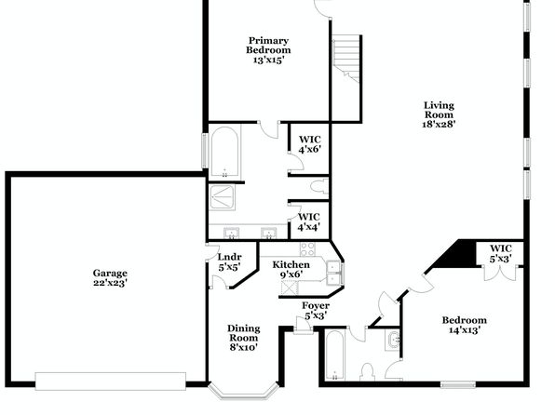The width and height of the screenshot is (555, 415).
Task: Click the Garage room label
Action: (x=110, y=277)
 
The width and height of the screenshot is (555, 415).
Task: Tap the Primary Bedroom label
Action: (x=268, y=50)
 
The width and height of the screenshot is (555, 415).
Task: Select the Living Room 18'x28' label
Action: (x=439, y=114)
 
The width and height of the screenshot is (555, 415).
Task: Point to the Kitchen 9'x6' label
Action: (x=291, y=269)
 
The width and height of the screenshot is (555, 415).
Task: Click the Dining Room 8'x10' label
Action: (x=244, y=338)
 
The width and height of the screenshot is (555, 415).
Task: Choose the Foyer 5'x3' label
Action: (x=316, y=310)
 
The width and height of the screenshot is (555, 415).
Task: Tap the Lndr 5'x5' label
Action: (x=230, y=262)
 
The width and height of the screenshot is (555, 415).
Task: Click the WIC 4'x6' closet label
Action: (x=310, y=144)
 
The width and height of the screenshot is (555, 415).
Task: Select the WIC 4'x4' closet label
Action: (x=309, y=221)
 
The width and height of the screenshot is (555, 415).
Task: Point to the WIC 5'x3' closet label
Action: (x=501, y=254)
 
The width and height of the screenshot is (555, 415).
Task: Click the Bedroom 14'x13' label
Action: (x=465, y=325)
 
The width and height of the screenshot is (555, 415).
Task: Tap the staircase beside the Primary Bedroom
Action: (x=346, y=59)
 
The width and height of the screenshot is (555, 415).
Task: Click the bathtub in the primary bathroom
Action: (x=224, y=152)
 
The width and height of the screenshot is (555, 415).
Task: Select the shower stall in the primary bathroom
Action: (x=222, y=197)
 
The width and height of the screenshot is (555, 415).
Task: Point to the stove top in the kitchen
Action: (x=307, y=248)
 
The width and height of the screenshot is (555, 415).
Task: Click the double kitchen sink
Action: (x=334, y=273)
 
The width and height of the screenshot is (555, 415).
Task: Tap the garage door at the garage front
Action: (x=111, y=381)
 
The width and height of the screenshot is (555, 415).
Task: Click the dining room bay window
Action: (x=244, y=392)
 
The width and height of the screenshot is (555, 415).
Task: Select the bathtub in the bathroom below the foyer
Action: (x=334, y=355)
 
